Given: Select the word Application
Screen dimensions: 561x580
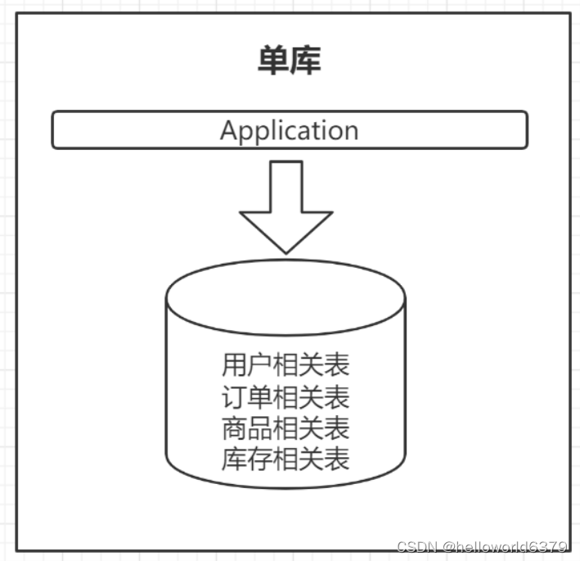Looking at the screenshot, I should [289, 131].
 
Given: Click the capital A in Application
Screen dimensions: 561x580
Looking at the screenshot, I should [229, 131].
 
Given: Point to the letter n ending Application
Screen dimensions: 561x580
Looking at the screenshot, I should [350, 132].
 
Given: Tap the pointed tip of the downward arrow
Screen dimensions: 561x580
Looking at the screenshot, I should [286, 250].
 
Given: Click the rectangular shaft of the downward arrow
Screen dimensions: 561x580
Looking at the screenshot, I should [286, 187].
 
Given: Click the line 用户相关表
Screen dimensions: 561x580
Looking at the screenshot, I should [286, 364].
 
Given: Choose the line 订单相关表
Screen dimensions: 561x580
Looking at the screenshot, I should [286, 396].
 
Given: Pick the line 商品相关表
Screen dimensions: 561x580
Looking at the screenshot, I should [286, 428].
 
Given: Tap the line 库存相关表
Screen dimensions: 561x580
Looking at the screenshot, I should [286, 459].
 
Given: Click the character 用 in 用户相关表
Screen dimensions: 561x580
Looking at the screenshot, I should [233, 364].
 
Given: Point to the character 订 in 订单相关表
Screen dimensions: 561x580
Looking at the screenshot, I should [233, 396].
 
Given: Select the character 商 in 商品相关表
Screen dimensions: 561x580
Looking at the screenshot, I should [233, 428].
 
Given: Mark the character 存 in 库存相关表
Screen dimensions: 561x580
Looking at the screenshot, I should [259, 459].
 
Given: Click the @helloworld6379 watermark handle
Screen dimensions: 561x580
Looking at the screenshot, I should [504, 547].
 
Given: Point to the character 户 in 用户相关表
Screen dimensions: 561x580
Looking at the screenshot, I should [259, 364].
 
